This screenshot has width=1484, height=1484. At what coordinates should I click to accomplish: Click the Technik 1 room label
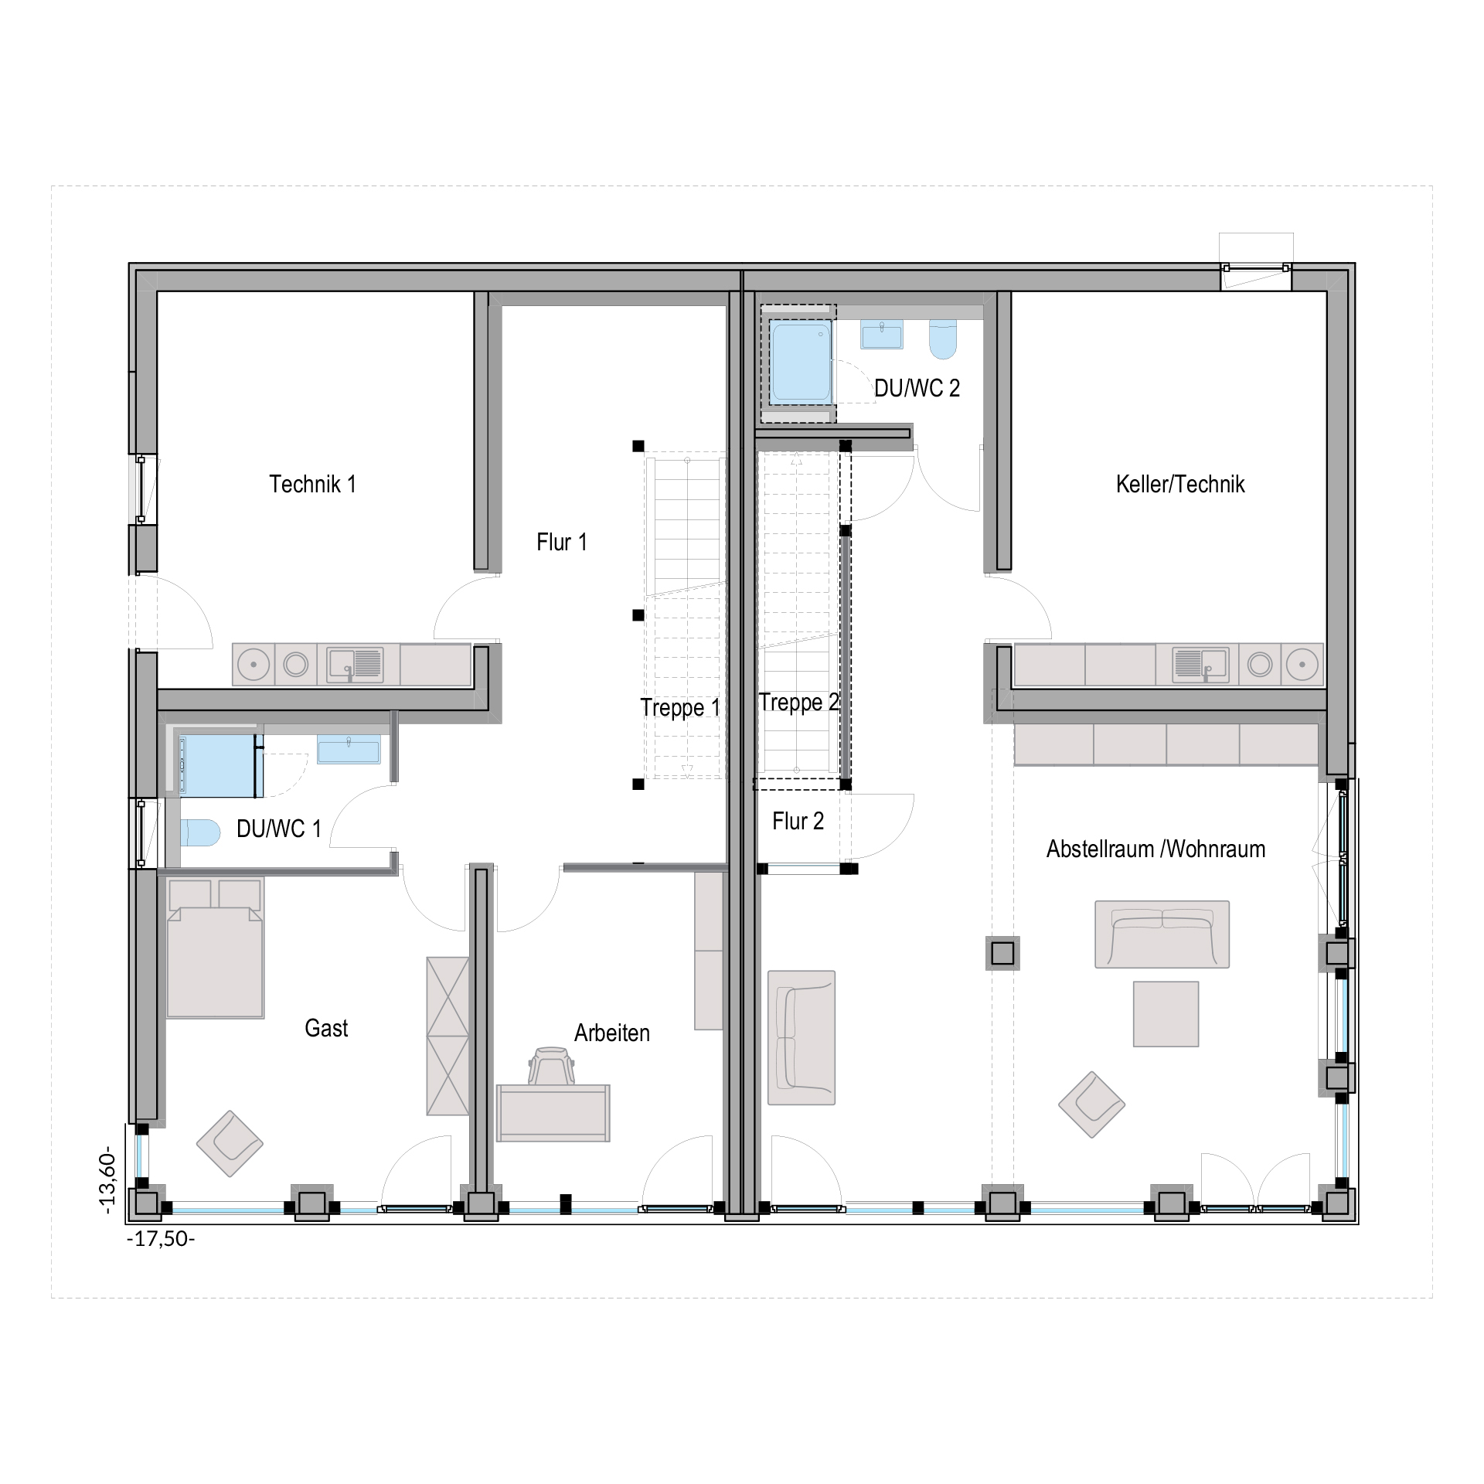pyautogui.click(x=312, y=485)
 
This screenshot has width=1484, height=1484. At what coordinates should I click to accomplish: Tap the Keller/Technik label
pyautogui.click(x=1180, y=485)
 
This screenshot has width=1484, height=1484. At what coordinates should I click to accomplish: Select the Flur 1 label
pyautogui.click(x=562, y=543)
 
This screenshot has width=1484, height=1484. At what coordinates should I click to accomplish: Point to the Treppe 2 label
pyautogui.click(x=798, y=703)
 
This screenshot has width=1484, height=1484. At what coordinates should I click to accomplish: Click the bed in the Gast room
pyautogui.click(x=215, y=947)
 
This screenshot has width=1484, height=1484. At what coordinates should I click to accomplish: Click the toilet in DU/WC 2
pyautogui.click(x=943, y=339)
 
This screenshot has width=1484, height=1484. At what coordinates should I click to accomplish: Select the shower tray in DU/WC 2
pyautogui.click(x=801, y=362)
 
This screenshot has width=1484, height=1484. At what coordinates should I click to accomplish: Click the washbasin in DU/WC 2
pyautogui.click(x=881, y=334)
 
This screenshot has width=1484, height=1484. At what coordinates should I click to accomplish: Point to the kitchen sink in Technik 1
pyautogui.click(x=355, y=665)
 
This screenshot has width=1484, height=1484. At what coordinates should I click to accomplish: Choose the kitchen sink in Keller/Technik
pyautogui.click(x=1201, y=665)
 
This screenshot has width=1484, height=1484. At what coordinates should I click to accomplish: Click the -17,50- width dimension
pyautogui.click(x=161, y=1239)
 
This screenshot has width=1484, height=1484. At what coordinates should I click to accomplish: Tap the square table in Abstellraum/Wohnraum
pyautogui.click(x=1166, y=1014)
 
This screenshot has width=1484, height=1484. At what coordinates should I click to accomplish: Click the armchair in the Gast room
pyautogui.click(x=230, y=1144)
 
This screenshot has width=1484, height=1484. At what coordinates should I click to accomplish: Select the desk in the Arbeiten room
pyautogui.click(x=553, y=1113)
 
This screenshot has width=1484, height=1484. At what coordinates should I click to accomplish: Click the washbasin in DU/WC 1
pyautogui.click(x=349, y=750)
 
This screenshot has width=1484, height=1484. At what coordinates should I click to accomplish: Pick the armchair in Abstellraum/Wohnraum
pyautogui.click(x=1091, y=1104)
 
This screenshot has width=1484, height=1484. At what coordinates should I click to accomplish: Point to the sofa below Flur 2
pyautogui.click(x=802, y=1037)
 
